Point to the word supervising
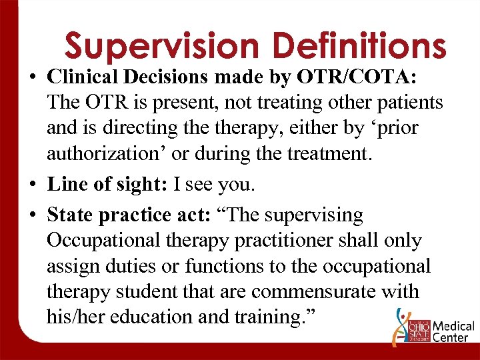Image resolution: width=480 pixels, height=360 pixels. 313,216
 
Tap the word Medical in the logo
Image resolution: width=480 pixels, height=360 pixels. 453,327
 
